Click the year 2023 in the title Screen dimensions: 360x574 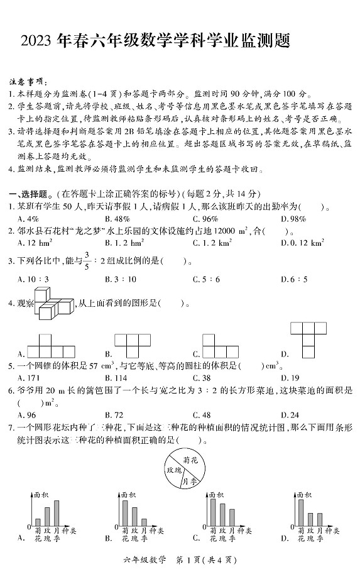coord(36,41)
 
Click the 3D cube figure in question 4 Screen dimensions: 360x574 coord(54,302)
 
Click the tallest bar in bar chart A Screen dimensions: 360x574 coord(57,513)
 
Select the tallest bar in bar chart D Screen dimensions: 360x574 coord(300,512)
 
